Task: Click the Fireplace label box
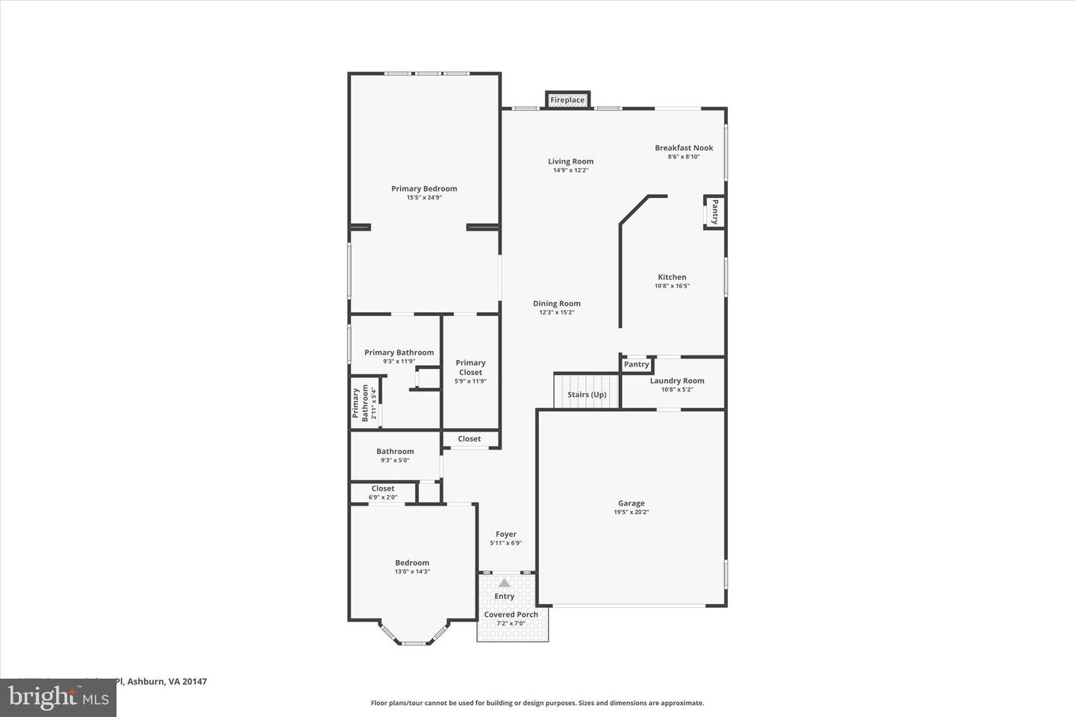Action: [x=567, y=100]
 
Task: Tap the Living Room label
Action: [x=570, y=161]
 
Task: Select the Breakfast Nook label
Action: [x=684, y=148]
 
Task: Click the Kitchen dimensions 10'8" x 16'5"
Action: [x=672, y=286]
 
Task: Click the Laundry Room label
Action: [x=676, y=381]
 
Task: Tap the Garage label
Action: [x=631, y=503]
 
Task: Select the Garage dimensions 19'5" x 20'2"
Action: [x=631, y=512]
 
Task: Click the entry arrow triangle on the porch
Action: [x=505, y=583]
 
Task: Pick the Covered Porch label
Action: [x=511, y=615]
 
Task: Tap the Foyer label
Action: [x=505, y=534]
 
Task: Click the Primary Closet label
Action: [x=470, y=367]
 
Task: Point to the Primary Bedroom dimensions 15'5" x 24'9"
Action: [x=424, y=198]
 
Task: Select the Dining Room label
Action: [x=556, y=303]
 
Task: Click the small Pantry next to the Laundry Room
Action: [x=637, y=364]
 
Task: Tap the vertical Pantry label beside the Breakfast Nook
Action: [x=714, y=211]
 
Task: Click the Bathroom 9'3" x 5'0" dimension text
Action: [x=395, y=460]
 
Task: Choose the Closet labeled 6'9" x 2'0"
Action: [x=383, y=492]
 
